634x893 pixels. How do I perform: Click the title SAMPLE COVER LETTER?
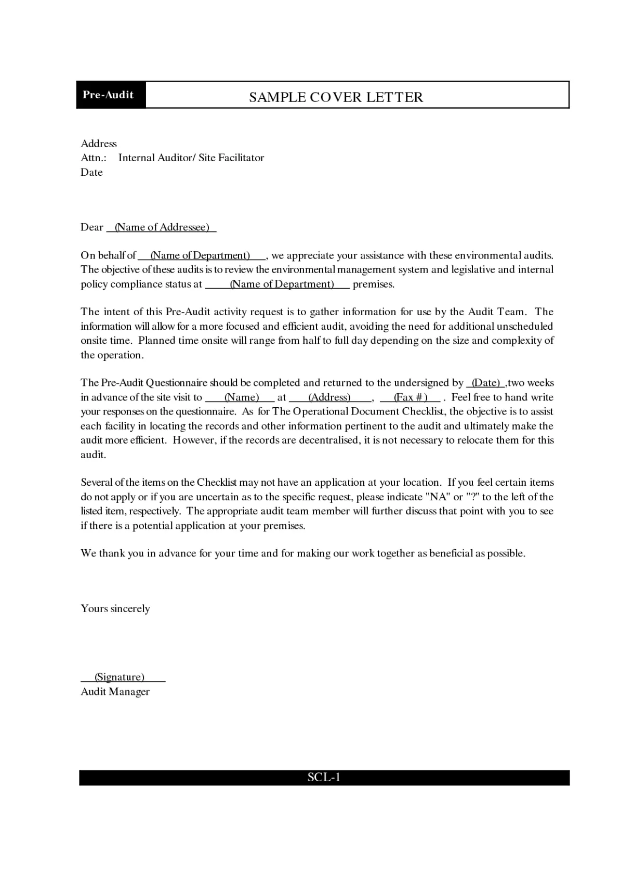point(336,97)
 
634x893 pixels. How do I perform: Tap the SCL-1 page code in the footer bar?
point(323,778)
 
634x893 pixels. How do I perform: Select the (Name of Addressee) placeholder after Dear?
point(162,227)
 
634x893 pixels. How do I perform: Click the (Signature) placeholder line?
point(120,677)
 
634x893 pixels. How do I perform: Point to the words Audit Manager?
point(115,692)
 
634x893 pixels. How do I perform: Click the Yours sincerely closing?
point(115,609)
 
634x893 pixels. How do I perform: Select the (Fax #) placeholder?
point(411,397)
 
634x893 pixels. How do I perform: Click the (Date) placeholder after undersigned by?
point(485,383)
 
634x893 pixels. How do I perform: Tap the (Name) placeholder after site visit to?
point(241,397)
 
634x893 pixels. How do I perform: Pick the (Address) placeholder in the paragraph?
point(329,397)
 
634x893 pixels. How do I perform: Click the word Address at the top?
point(99,144)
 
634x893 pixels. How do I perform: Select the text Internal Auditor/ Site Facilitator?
point(191,158)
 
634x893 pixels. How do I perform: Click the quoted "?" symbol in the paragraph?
point(472,497)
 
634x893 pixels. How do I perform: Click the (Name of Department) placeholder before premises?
point(282,284)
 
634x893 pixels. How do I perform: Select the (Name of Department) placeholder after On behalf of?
point(200,255)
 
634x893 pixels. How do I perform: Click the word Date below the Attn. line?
point(91,172)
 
